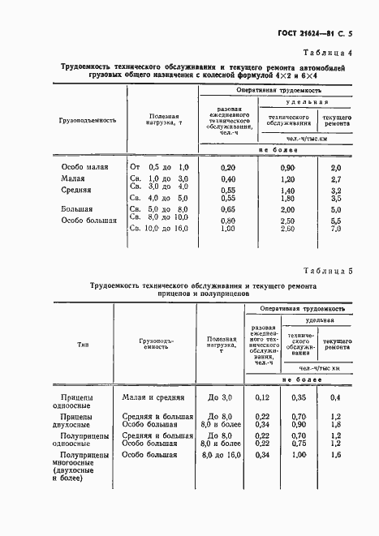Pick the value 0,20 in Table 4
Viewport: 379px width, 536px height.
[228, 166]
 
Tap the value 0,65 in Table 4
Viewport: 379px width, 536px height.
[228, 209]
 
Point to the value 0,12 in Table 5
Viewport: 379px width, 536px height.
[261, 397]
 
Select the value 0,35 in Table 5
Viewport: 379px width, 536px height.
[299, 397]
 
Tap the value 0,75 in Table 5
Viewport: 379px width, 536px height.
[299, 444]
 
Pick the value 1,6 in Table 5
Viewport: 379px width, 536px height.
[334, 456]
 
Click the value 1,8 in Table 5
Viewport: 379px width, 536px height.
[334, 423]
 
